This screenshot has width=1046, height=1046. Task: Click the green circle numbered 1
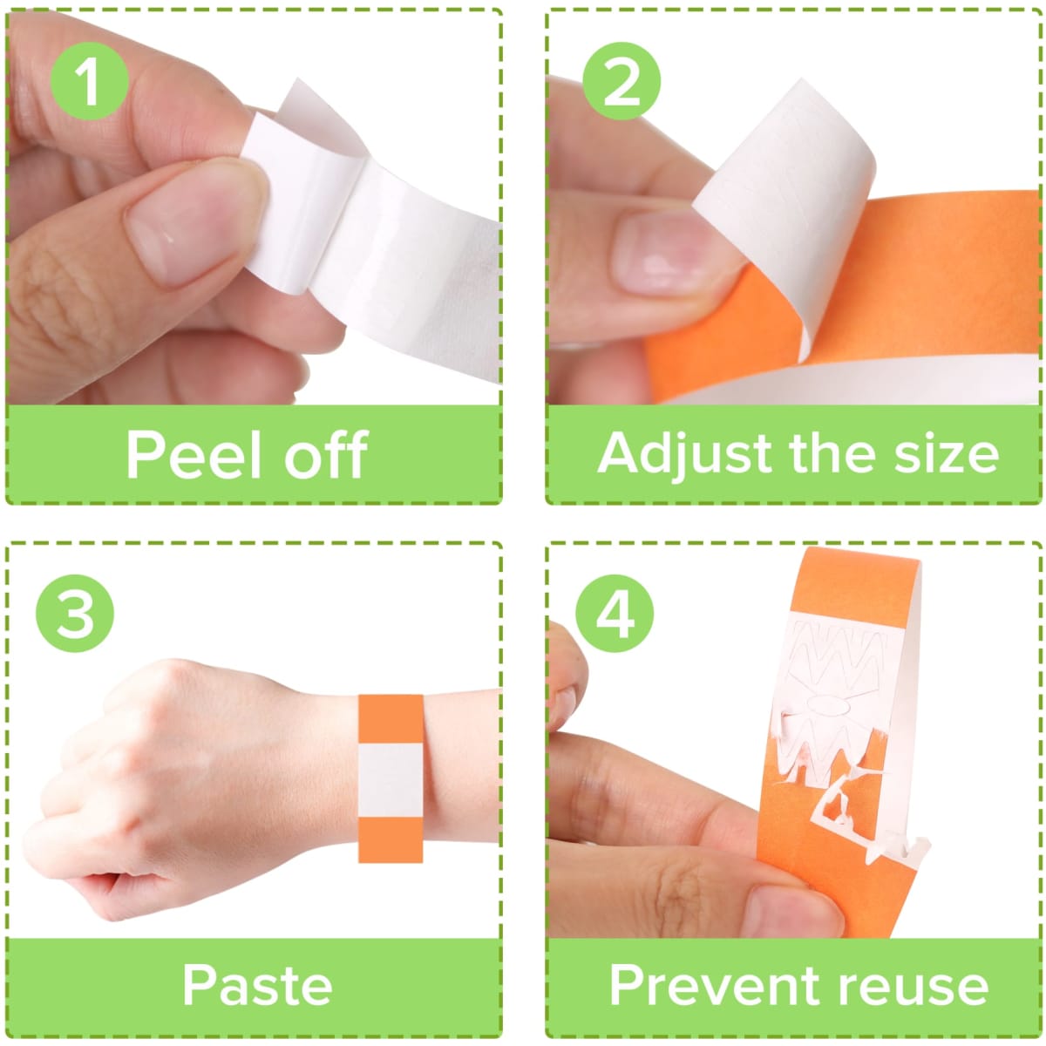[90, 81]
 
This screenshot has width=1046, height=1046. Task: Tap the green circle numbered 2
[621, 81]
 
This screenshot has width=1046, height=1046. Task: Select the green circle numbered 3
[75, 614]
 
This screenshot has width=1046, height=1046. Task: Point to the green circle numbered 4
[615, 614]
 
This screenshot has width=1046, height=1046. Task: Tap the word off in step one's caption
[327, 454]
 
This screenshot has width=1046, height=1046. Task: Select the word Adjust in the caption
[685, 456]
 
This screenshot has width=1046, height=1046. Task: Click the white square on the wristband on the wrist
[391, 780]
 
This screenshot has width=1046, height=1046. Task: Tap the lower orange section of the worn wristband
[391, 839]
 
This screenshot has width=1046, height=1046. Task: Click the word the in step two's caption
[833, 454]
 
